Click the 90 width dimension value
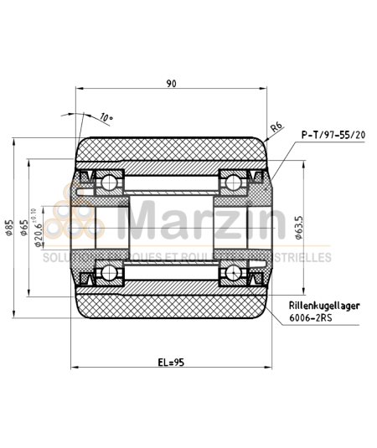tap(171, 83)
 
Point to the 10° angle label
tap(106, 117)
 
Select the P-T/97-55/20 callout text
tap(333, 134)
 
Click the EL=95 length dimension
tap(171, 363)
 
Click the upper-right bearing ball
tap(232, 182)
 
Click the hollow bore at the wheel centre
tap(171, 225)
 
